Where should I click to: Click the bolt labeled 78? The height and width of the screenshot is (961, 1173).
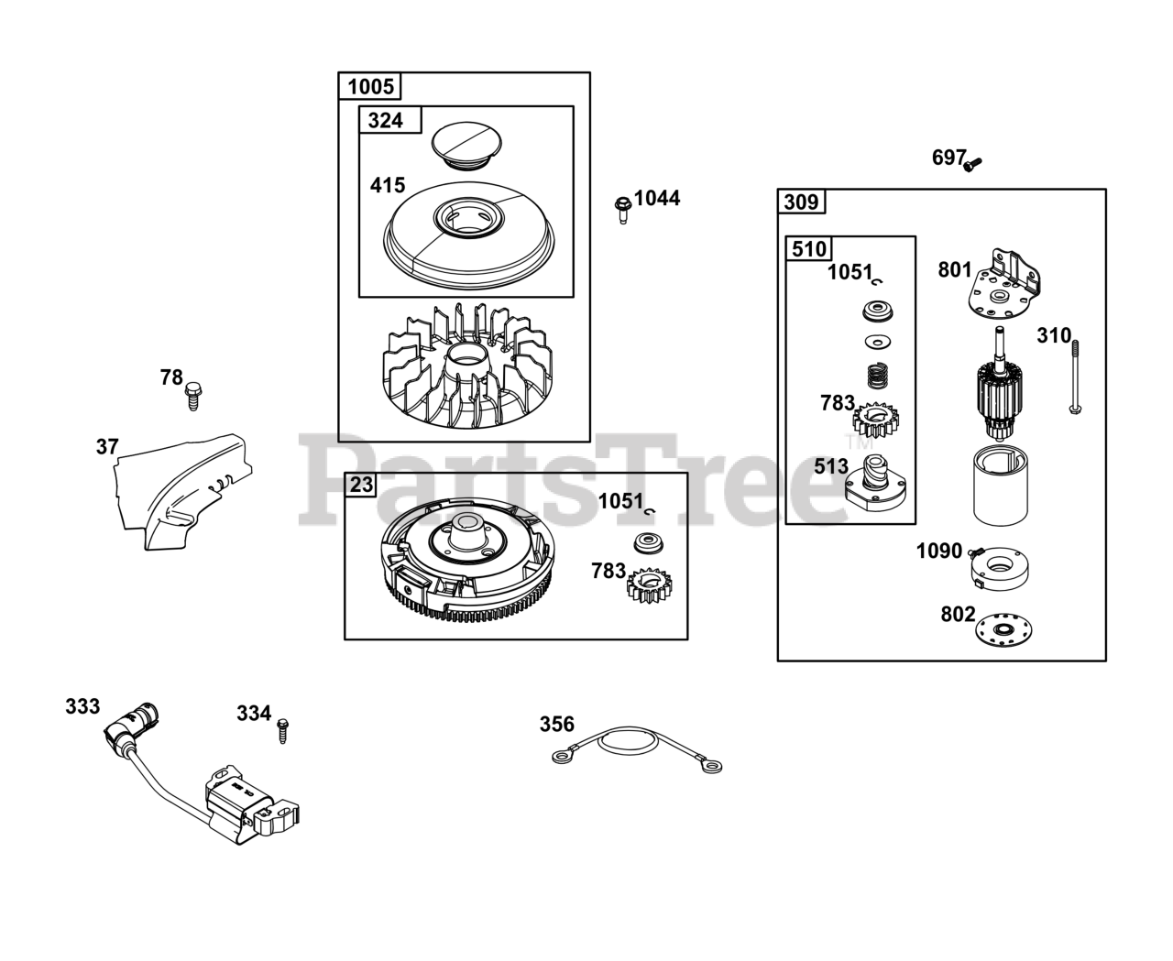[193, 396]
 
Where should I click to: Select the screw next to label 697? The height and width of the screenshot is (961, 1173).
[973, 164]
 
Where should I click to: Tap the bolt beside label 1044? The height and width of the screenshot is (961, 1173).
[622, 209]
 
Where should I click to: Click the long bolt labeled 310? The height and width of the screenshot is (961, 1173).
[1073, 377]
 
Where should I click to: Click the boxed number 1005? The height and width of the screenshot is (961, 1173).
[370, 87]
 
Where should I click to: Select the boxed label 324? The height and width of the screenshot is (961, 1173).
[385, 120]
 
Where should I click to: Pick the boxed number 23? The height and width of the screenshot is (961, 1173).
[362, 484]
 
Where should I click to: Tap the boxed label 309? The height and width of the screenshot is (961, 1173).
[801, 202]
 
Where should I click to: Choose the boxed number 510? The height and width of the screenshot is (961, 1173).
[808, 249]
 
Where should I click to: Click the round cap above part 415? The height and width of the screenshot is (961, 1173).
[465, 145]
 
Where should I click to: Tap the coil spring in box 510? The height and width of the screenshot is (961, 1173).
[879, 376]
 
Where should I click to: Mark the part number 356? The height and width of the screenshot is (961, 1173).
[556, 725]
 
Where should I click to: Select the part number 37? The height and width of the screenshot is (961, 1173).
[107, 447]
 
